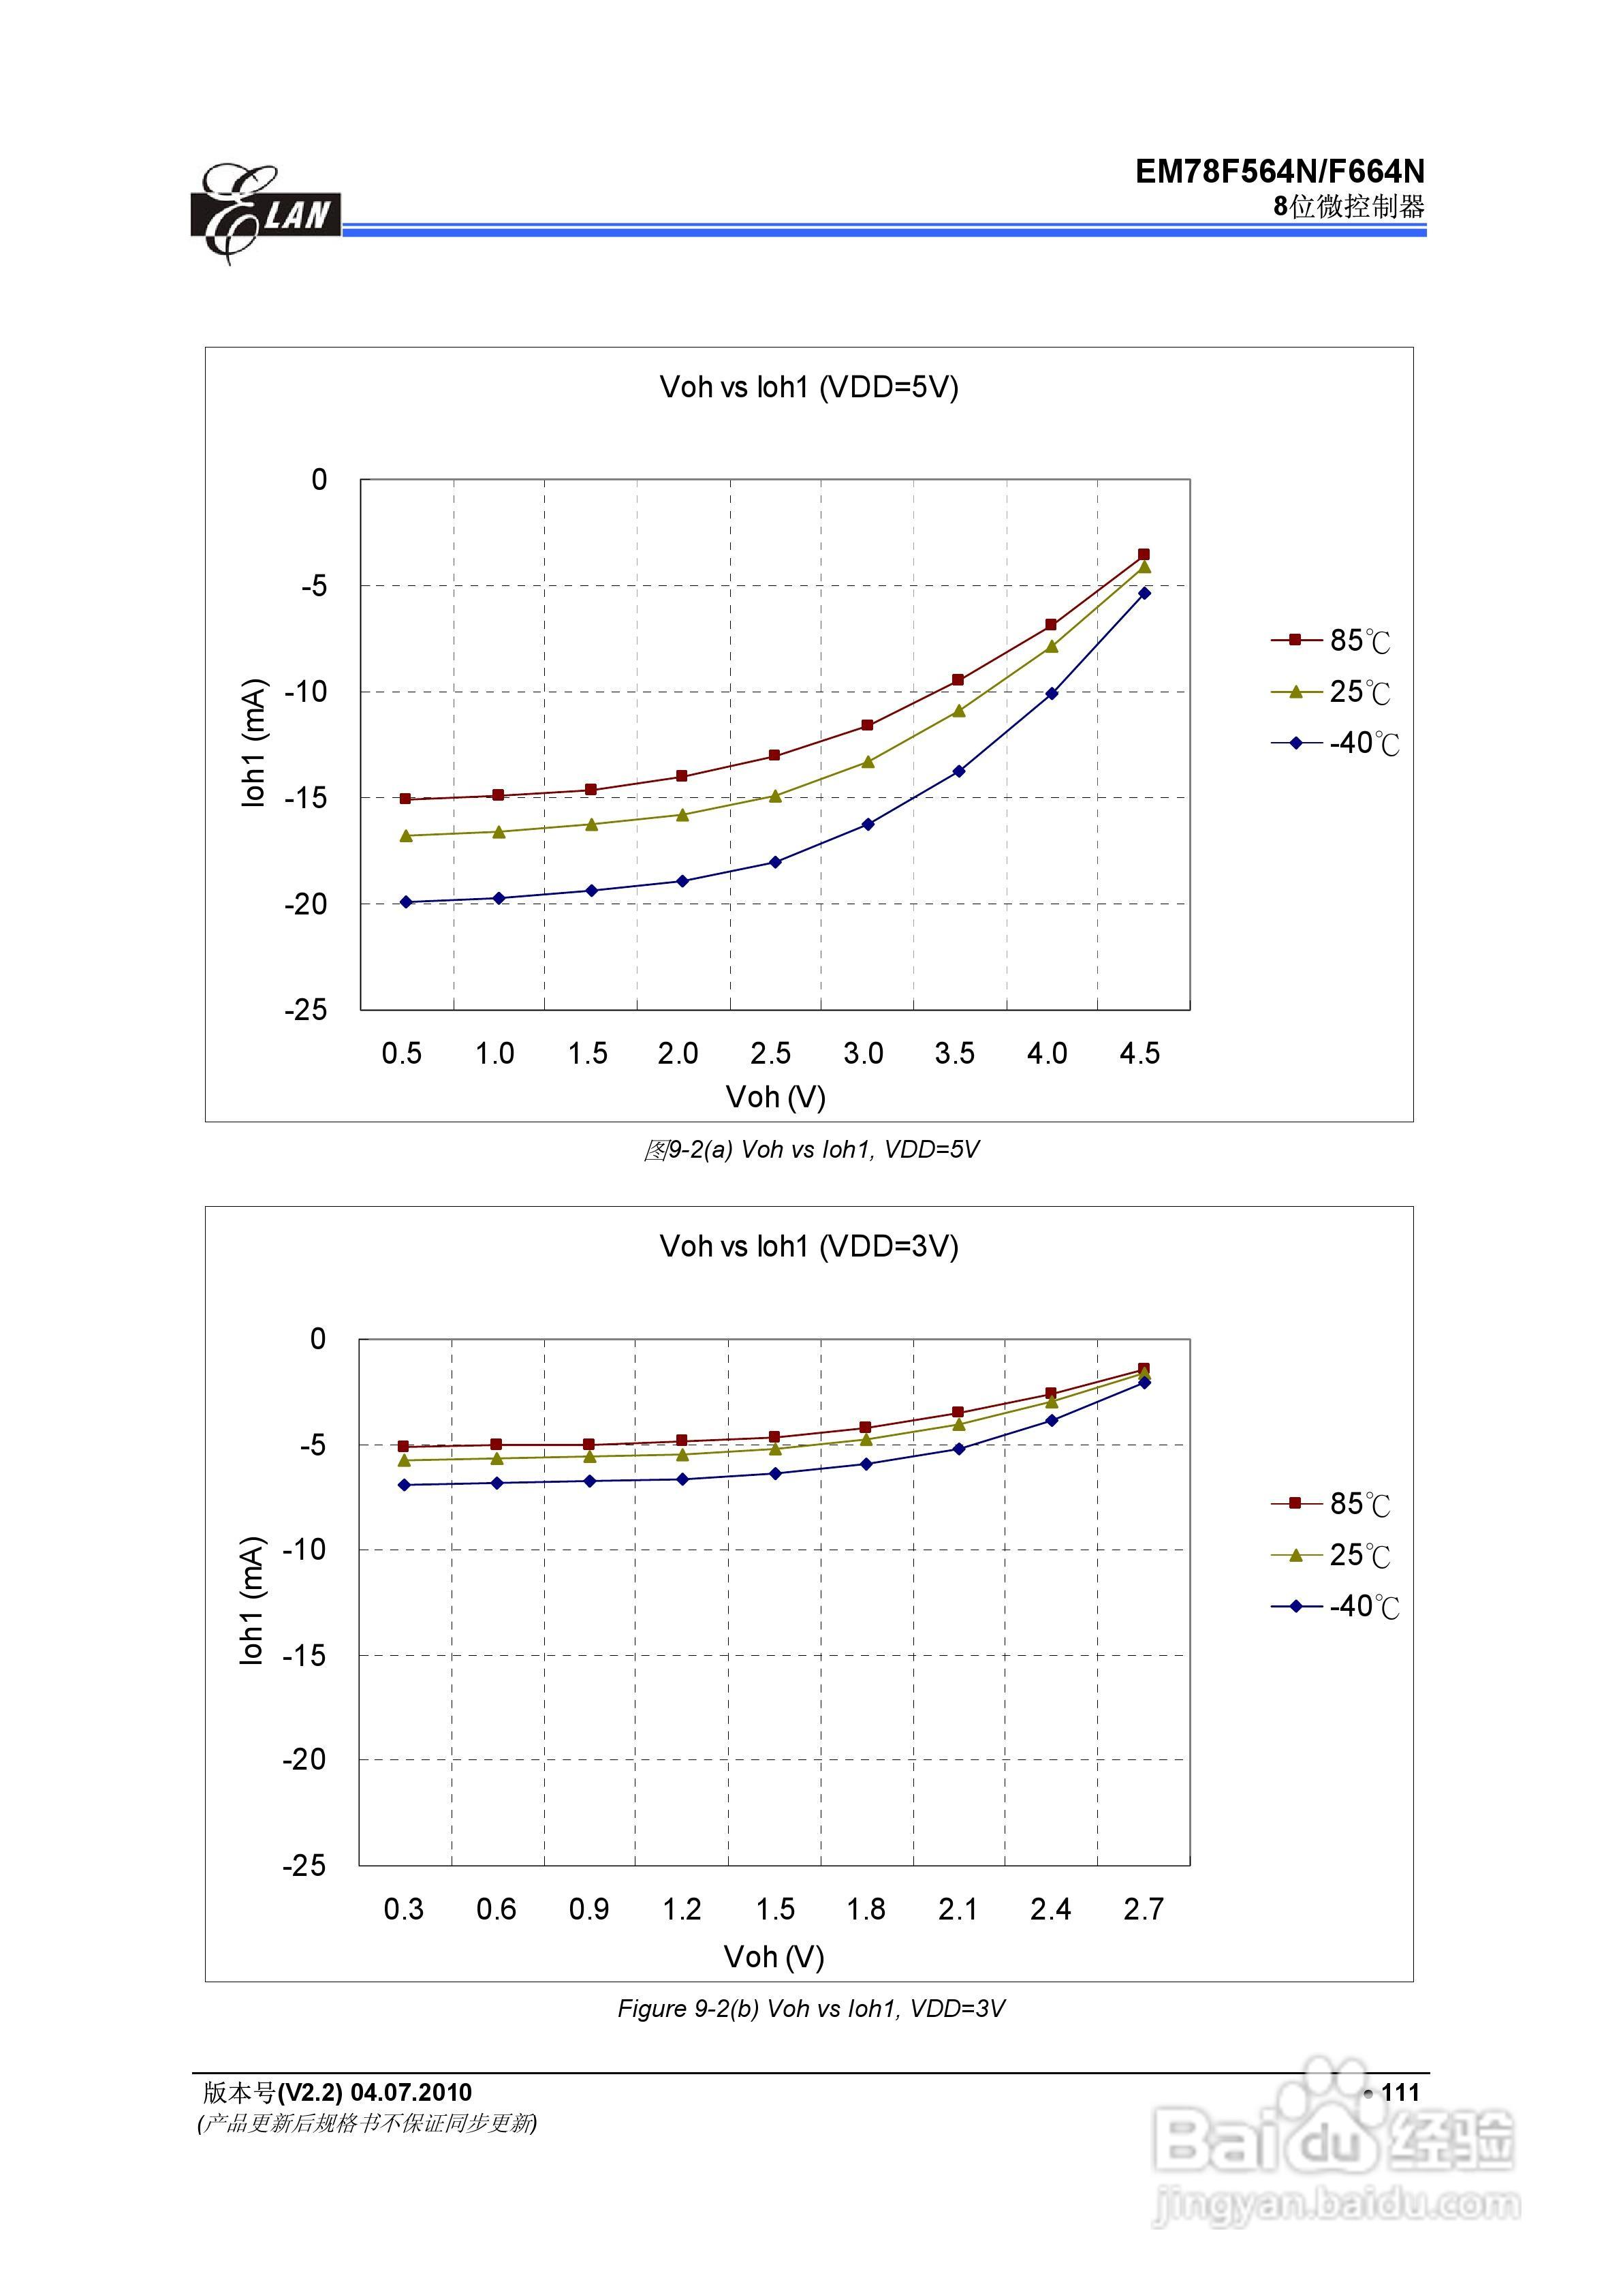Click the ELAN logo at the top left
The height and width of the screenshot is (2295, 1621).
point(265,214)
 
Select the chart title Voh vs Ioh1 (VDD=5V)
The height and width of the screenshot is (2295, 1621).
point(808,388)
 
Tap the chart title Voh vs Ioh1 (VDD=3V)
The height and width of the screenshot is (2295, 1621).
point(808,1246)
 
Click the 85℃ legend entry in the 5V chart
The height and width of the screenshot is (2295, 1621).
point(1334,641)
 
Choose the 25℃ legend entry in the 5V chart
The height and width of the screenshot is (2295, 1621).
point(1334,692)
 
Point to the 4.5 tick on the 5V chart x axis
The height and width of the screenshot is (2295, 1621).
point(1139,1053)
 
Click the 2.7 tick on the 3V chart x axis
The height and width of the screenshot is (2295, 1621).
point(1144,1910)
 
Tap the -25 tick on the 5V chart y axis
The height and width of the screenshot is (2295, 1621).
point(306,1010)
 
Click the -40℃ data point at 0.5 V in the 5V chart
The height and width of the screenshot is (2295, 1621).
point(406,902)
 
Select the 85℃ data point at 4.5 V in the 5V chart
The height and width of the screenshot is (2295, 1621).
point(1144,554)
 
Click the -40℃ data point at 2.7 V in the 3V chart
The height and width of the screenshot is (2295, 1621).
point(1144,1383)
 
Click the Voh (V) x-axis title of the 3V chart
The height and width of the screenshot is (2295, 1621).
point(774,1957)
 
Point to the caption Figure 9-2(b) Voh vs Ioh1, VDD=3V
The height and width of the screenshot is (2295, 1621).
point(810,2009)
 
